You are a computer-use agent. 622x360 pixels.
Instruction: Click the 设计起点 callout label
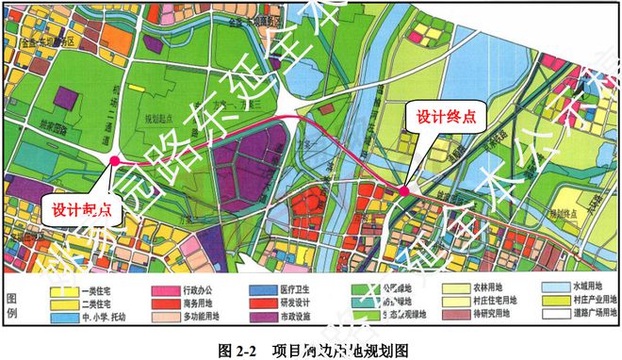tap(81, 210)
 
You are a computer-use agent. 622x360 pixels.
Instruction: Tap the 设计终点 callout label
tap(435, 119)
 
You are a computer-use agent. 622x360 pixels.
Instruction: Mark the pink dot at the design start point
tap(114, 161)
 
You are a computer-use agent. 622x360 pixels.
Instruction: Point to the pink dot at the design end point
tap(403, 191)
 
